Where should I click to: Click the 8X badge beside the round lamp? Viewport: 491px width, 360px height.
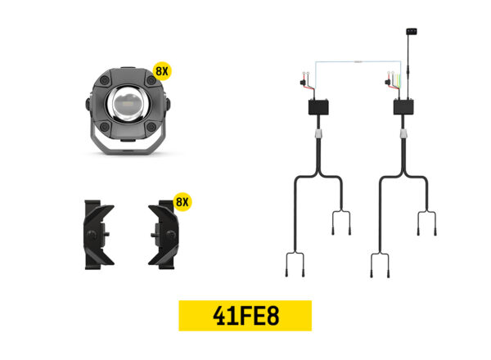[x=162, y=71]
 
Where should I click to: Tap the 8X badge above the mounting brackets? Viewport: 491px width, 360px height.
[x=182, y=202]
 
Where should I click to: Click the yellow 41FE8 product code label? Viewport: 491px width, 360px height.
[x=245, y=316]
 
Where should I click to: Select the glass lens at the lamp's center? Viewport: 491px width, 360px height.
[x=128, y=103]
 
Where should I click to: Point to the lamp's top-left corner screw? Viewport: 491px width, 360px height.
[x=105, y=81]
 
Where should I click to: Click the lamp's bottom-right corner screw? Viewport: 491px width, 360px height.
[x=151, y=127]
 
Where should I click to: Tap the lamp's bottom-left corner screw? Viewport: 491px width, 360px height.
[x=105, y=127]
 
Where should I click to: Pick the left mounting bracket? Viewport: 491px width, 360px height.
[x=98, y=235]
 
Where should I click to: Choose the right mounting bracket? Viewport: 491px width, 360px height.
[x=164, y=235]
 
